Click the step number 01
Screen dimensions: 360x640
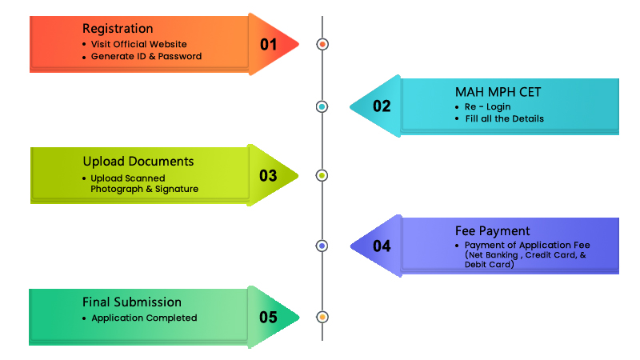point(268,44)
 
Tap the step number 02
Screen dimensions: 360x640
point(382,106)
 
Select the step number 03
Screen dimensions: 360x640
point(268,175)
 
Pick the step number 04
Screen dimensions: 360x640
point(382,246)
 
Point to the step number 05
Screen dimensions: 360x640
point(268,318)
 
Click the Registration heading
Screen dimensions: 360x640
point(118,28)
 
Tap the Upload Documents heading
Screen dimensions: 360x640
point(138,162)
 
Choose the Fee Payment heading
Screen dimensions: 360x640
point(493,231)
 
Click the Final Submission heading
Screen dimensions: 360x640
point(132,302)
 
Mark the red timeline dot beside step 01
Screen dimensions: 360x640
point(322,44)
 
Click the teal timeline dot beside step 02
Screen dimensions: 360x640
point(322,106)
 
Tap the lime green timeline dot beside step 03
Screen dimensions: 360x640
point(322,175)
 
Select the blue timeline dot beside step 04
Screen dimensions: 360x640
point(322,246)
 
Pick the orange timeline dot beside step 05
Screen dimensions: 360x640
point(322,318)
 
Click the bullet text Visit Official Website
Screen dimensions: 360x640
point(138,44)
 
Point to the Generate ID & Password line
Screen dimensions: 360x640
point(146,57)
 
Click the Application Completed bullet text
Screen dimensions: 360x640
point(143,318)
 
